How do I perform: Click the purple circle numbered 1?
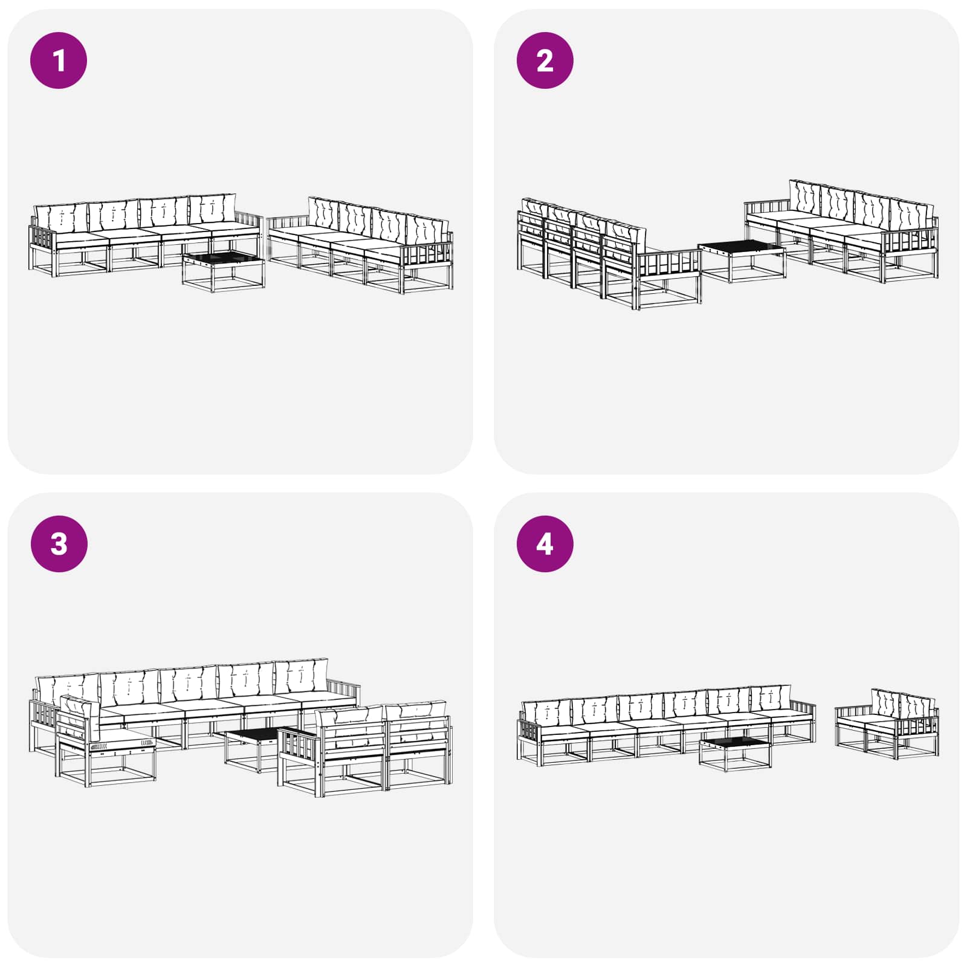point(59,60)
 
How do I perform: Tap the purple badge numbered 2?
point(545,60)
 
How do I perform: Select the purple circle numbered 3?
point(59,543)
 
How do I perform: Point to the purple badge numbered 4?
point(545,543)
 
